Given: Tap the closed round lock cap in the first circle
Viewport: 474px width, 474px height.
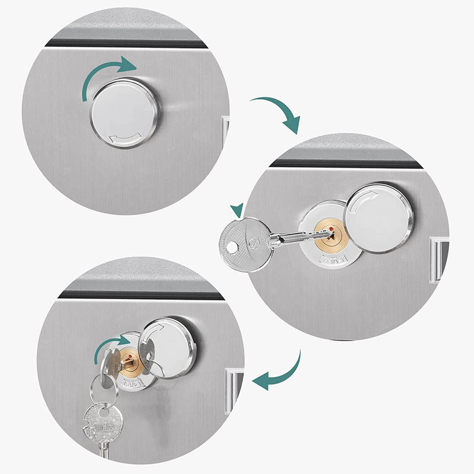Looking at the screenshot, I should [124, 113].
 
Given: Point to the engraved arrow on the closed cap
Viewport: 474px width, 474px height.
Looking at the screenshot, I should [126, 139].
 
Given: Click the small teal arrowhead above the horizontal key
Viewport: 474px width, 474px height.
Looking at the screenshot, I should [238, 209].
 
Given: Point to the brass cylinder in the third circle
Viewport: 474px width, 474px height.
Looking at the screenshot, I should [129, 361].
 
